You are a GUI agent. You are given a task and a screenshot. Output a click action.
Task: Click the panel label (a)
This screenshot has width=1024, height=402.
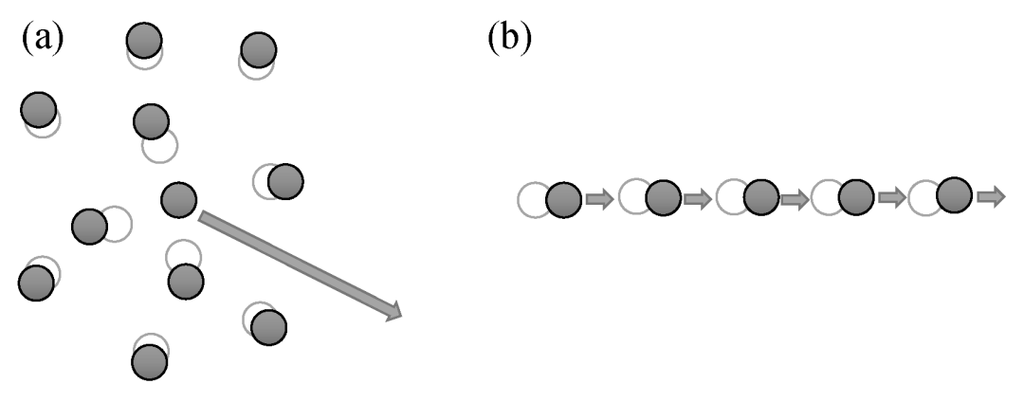point(42,40)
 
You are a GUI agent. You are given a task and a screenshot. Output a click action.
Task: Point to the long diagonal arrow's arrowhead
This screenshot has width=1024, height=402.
point(392,312)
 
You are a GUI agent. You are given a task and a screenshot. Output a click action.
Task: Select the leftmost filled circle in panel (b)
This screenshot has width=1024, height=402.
point(563,200)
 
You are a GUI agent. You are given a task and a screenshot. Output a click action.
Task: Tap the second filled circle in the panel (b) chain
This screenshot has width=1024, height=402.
point(663,198)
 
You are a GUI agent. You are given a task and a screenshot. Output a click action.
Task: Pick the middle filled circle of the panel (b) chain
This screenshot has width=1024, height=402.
point(760,198)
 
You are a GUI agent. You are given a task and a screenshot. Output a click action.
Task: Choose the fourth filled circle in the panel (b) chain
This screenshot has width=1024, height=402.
point(857,197)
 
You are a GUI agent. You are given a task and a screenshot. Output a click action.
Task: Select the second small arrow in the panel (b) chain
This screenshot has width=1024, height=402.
point(698,199)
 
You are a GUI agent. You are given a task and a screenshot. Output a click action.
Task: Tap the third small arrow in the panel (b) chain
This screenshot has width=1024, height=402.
point(795,199)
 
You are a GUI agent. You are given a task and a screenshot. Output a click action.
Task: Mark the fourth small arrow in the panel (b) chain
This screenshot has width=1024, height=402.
point(892,197)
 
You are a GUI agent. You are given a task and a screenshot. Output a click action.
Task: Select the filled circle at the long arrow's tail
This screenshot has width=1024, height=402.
point(178,199)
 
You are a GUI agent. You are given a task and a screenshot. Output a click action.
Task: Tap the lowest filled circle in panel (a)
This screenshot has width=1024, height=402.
point(149,361)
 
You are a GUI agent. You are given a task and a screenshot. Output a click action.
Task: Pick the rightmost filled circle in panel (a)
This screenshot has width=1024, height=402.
point(284,180)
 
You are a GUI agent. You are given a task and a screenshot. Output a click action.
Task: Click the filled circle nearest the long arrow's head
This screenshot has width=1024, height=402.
point(270,327)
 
